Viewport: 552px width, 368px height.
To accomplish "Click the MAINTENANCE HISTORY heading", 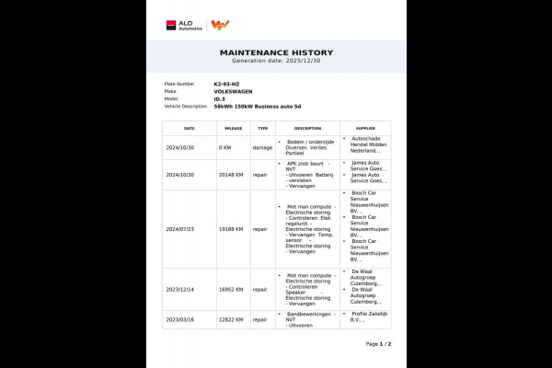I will (276, 52).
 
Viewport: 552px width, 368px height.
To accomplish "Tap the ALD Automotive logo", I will (185, 25).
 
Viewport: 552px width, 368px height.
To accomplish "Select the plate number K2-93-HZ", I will (226, 84).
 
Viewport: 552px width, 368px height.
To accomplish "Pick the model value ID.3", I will (220, 98).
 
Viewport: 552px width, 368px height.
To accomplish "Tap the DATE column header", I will (190, 128).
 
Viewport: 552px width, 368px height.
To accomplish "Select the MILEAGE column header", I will (233, 128).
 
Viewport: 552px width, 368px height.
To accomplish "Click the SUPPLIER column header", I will (364, 128).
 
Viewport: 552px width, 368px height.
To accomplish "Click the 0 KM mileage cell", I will (225, 147).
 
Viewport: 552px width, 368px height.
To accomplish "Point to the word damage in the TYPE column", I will (262, 147).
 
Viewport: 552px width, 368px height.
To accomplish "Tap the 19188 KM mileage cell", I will (232, 229).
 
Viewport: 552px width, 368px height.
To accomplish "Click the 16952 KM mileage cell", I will (232, 289).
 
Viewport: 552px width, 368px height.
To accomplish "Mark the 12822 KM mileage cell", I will (232, 319).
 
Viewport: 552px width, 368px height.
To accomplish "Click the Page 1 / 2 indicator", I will (378, 343).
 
